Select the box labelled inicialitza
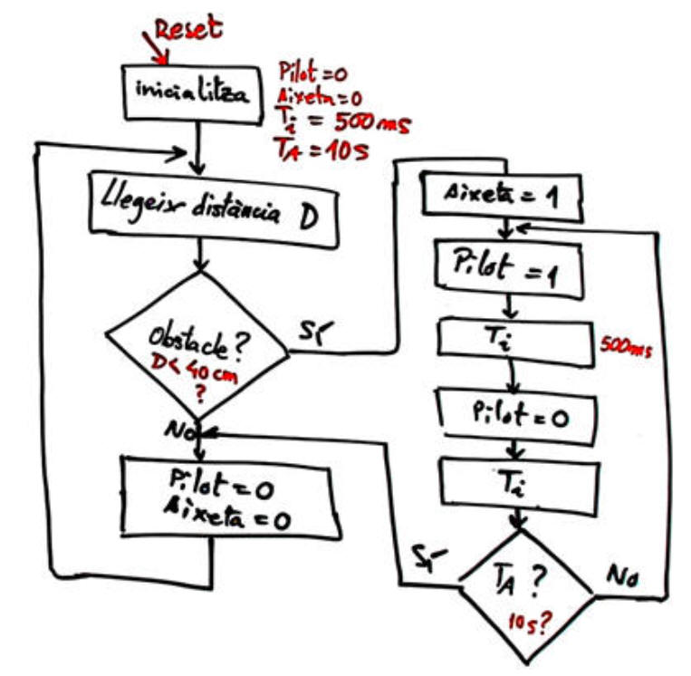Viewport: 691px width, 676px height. coord(194,92)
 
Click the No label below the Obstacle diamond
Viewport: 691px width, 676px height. coord(178,432)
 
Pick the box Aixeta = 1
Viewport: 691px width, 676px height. coord(502,196)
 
